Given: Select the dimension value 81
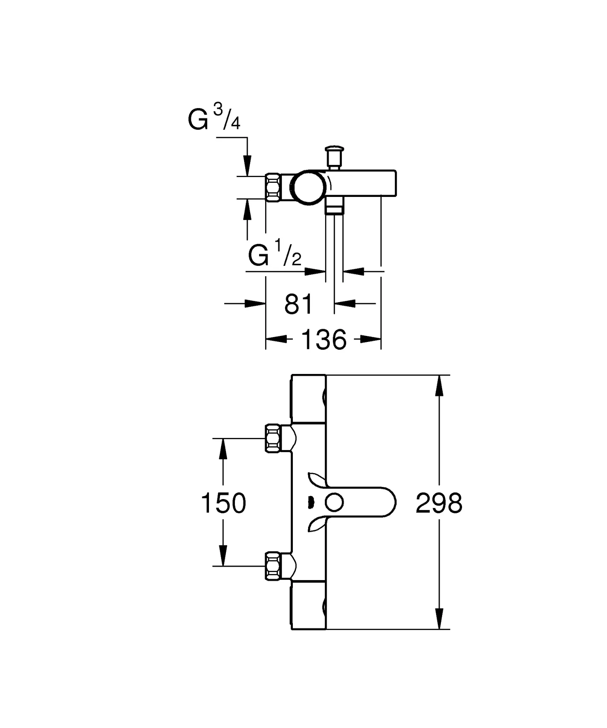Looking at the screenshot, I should (299, 304).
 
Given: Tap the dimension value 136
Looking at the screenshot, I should (324, 340).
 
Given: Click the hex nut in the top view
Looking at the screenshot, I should (273, 187).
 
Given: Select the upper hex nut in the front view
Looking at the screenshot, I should (273, 438).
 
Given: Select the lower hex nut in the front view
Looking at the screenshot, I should (273, 566).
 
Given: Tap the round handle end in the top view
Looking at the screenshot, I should (309, 187).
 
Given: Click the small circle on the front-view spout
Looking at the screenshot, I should (334, 503).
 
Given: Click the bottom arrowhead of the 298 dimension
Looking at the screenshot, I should (440, 619).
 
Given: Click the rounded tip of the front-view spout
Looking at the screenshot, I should (391, 503).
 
